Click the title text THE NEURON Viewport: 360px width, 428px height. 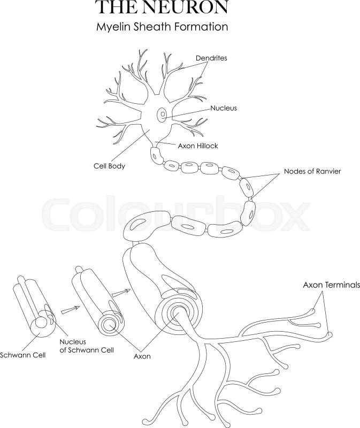[162, 7]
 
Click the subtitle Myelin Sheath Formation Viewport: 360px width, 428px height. [162, 27]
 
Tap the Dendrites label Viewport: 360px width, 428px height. [211, 58]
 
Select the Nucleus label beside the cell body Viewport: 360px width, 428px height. [224, 108]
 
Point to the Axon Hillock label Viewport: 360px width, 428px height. [198, 146]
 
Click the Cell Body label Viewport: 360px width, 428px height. [109, 166]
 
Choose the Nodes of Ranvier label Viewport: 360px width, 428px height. [312, 171]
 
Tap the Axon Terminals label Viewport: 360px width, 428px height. [331, 285]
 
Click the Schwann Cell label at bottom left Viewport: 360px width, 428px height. [22, 355]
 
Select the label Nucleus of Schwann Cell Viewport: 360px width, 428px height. [87, 346]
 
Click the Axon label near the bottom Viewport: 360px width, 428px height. [142, 356]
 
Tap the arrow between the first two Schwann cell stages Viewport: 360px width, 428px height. [70, 310]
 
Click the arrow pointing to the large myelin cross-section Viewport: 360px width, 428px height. [121, 293]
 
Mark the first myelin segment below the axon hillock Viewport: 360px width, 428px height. [156, 156]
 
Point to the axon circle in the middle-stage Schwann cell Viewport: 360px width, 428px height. [110, 324]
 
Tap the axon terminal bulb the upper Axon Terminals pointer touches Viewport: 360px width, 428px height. [312, 311]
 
